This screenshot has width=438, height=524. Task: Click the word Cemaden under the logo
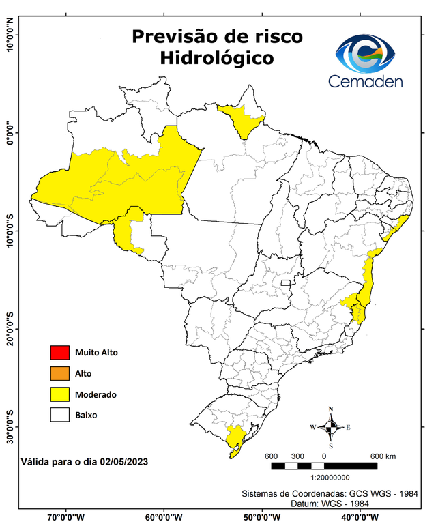(x=366, y=81)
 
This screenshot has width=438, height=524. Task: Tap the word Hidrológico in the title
(x=217, y=58)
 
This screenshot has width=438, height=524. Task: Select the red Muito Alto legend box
(x=59, y=353)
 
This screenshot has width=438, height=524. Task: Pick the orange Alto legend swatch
(x=59, y=373)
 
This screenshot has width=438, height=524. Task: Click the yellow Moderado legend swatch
(x=59, y=394)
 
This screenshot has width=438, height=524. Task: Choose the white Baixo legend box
(x=59, y=414)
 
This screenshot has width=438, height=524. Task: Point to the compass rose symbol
(x=330, y=427)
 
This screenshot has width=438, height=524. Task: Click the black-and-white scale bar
(x=324, y=466)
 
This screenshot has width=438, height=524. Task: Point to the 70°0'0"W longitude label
(x=66, y=516)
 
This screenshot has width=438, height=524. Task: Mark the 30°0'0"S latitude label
(x=10, y=426)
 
